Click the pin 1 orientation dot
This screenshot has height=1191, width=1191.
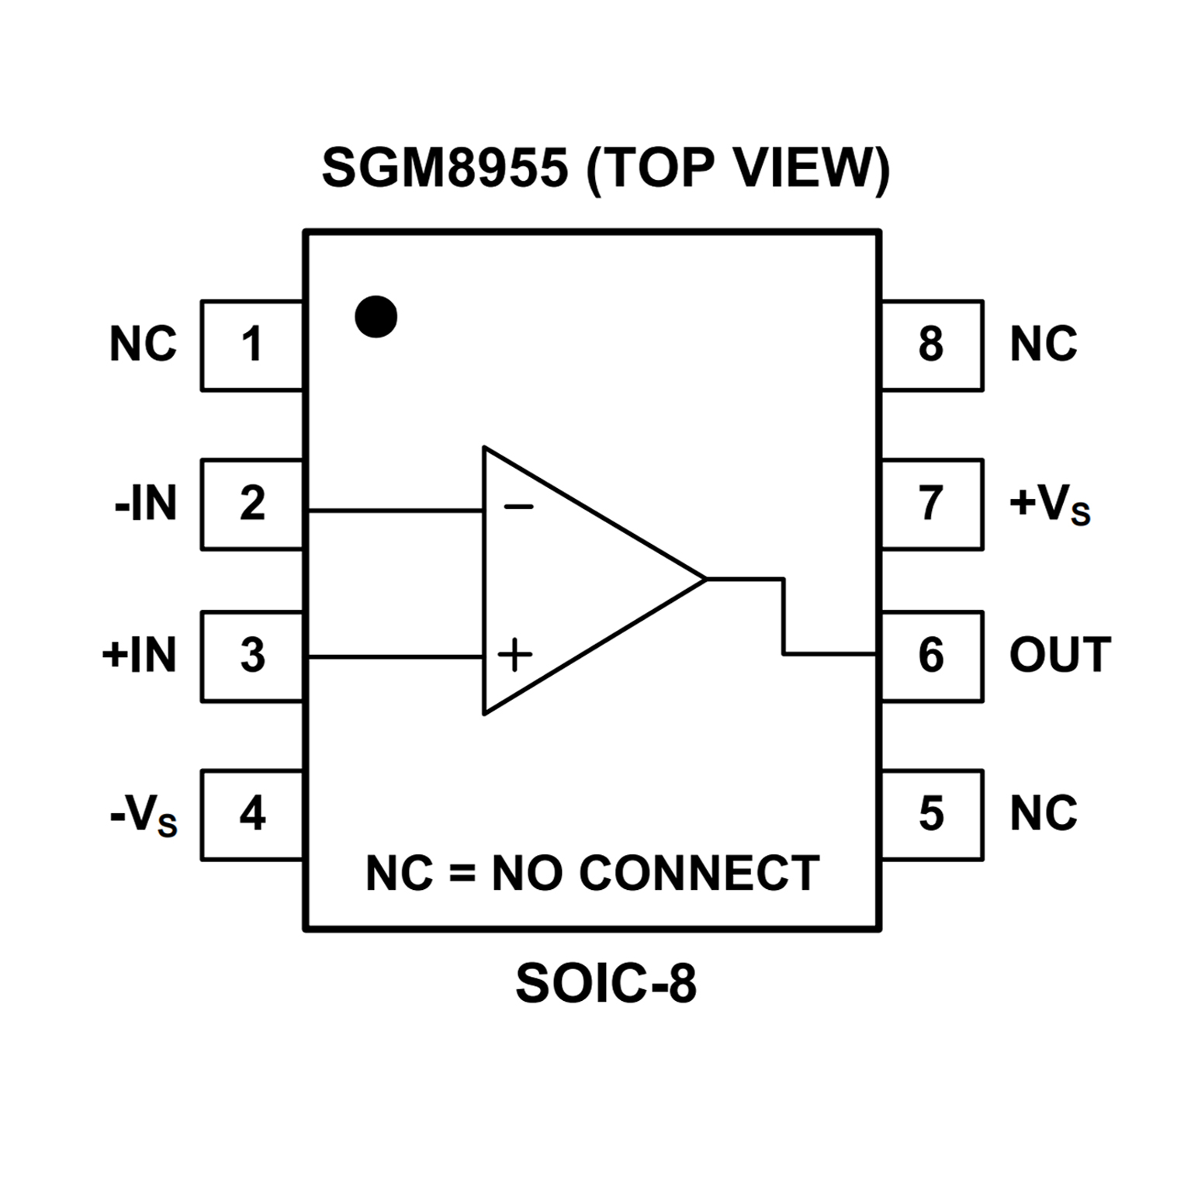point(376,317)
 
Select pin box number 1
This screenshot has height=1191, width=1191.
point(252,345)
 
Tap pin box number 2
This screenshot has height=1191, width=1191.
point(252,504)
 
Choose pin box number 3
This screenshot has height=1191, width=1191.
point(252,656)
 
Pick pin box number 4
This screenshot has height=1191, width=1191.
point(252,815)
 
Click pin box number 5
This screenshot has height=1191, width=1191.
point(932,815)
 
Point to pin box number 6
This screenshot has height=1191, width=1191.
point(932,656)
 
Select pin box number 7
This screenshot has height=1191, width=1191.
point(932,504)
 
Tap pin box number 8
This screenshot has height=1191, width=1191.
point(932,345)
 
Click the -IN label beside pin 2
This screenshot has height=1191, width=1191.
point(146,504)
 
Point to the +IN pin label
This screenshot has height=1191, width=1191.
point(140,656)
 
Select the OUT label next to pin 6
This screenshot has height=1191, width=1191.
point(1060,656)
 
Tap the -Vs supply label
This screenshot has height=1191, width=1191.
point(144,816)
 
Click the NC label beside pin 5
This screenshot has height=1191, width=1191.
point(1044,814)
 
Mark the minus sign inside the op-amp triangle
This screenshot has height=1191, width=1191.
point(518,507)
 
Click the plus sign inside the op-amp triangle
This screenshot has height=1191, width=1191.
point(515,655)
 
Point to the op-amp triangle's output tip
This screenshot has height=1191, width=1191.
point(705,579)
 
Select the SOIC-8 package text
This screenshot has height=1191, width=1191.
point(606,984)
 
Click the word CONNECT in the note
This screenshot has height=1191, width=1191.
point(699,874)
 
